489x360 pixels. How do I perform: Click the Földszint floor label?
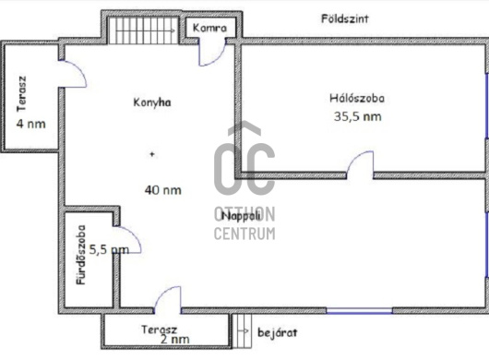(x=346, y=18)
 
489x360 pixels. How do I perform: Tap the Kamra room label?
(x=210, y=28)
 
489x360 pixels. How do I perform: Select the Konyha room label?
(x=151, y=102)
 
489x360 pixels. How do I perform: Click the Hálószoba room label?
(x=356, y=98)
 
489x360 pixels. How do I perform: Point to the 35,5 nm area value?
(x=356, y=116)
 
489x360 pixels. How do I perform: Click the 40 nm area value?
(x=162, y=190)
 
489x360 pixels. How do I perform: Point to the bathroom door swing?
(x=130, y=240)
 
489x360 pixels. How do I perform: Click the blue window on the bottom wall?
(x=359, y=309)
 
